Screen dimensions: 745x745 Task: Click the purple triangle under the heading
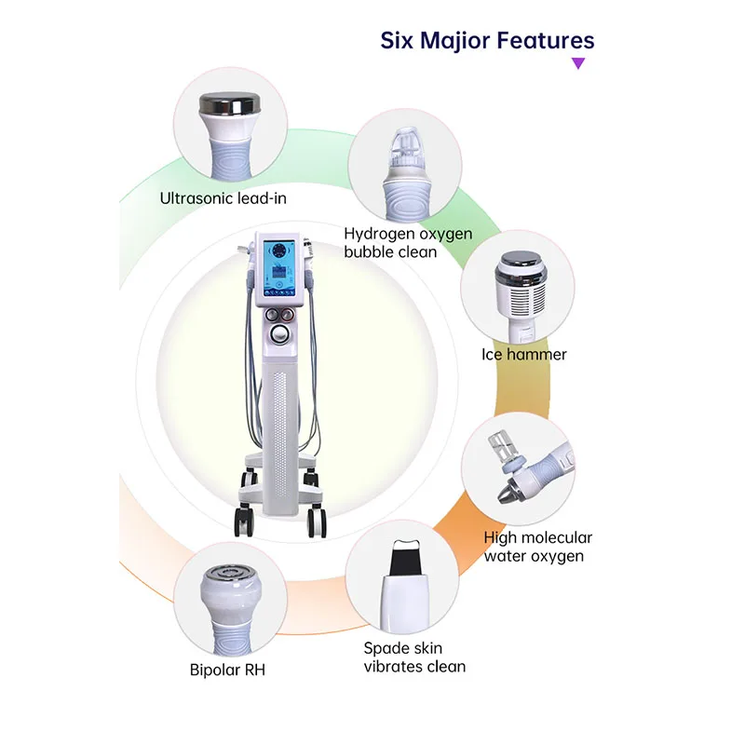point(578,63)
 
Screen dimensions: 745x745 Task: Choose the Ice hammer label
point(523,354)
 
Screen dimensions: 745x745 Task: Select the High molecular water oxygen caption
point(537,547)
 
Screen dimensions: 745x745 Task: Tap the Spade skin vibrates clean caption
point(414,657)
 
